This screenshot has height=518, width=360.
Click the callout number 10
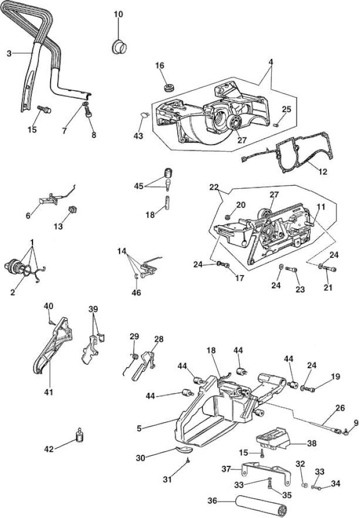(118, 14)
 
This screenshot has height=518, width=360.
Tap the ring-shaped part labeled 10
(118, 47)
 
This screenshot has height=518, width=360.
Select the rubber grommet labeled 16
(169, 88)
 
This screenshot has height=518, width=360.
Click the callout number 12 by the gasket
(323, 172)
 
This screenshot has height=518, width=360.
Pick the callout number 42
(49, 449)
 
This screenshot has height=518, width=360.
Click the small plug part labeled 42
(79, 435)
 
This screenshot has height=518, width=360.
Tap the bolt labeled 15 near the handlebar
(44, 109)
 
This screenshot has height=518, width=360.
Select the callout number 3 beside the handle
(9, 53)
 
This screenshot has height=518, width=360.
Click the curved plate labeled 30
(183, 449)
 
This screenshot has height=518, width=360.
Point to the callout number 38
(312, 443)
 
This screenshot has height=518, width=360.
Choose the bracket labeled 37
(266, 473)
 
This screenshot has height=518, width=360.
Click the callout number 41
(49, 392)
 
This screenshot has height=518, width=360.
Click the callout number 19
(335, 376)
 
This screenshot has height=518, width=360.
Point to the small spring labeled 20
(227, 217)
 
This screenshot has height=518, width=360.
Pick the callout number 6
(28, 215)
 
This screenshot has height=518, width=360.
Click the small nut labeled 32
(305, 485)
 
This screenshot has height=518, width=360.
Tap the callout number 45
(139, 186)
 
